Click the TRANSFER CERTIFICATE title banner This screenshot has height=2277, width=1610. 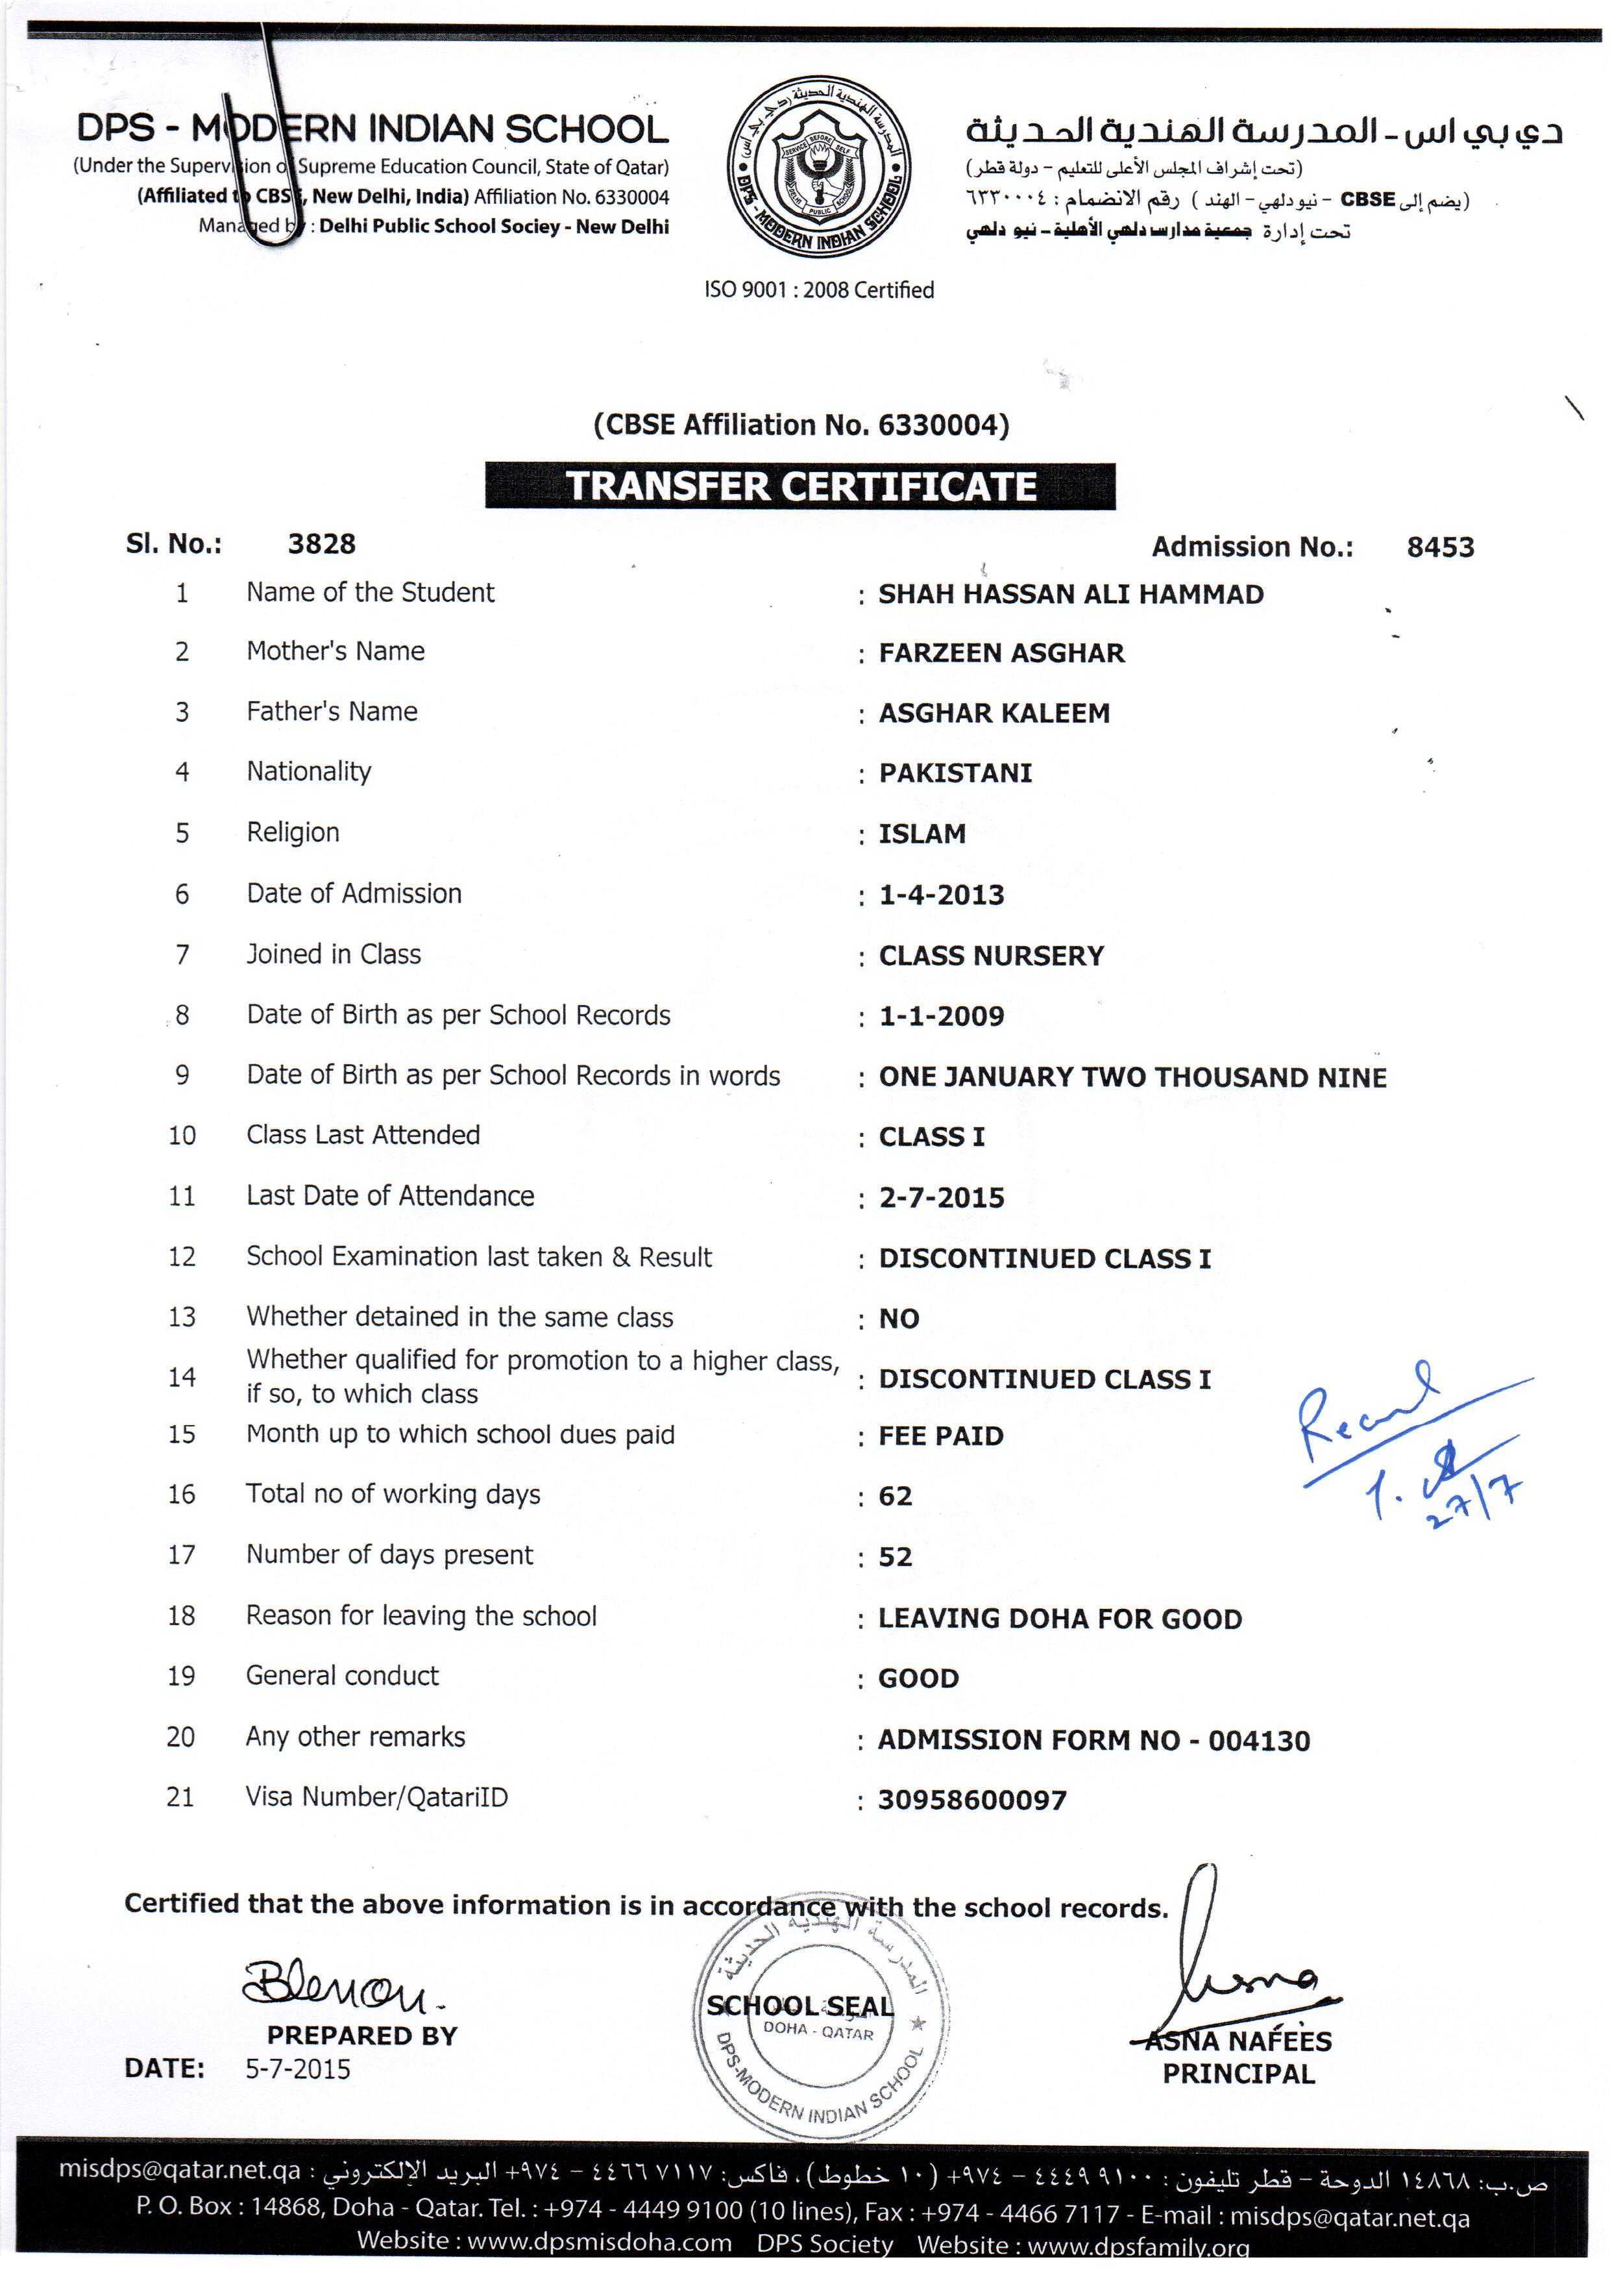[x=800, y=486]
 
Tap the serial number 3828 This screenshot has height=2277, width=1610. [x=321, y=543]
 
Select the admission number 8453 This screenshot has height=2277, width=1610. [x=1439, y=547]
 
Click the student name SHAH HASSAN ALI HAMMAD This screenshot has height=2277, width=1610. [x=1071, y=594]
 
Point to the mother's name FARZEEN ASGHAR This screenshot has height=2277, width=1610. [x=1001, y=653]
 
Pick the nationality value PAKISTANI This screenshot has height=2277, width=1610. [x=955, y=773]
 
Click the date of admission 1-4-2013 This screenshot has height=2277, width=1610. [x=941, y=895]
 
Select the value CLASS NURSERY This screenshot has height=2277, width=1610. [x=990, y=955]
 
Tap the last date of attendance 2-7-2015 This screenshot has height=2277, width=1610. [x=941, y=1197]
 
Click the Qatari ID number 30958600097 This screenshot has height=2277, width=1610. [x=971, y=1799]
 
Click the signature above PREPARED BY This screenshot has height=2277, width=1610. [x=342, y=1984]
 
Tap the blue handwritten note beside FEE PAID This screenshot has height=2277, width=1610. [x=1408, y=1438]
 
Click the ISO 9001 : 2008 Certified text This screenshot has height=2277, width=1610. [x=819, y=290]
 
